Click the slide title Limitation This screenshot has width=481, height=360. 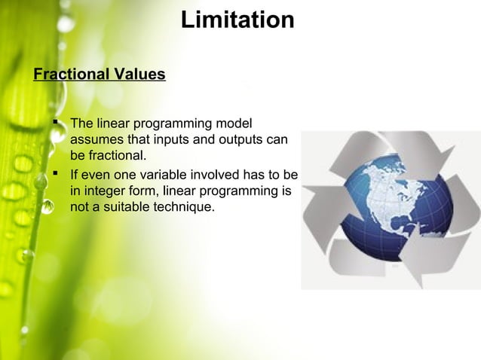point(237,20)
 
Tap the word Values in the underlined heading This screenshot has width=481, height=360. point(139,75)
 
